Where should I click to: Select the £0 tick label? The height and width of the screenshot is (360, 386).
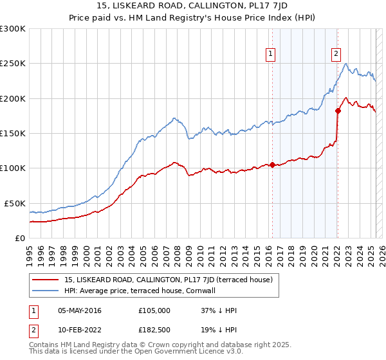[19, 238]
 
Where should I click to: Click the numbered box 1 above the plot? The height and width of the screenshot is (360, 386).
[271, 55]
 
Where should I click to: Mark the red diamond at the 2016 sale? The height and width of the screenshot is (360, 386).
[272, 165]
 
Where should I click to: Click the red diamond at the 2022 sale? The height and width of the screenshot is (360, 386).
[338, 111]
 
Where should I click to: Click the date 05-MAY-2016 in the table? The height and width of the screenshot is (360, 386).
[80, 310]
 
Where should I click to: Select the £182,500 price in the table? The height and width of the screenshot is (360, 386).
[154, 331]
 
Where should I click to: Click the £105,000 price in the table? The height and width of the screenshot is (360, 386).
[154, 310]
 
